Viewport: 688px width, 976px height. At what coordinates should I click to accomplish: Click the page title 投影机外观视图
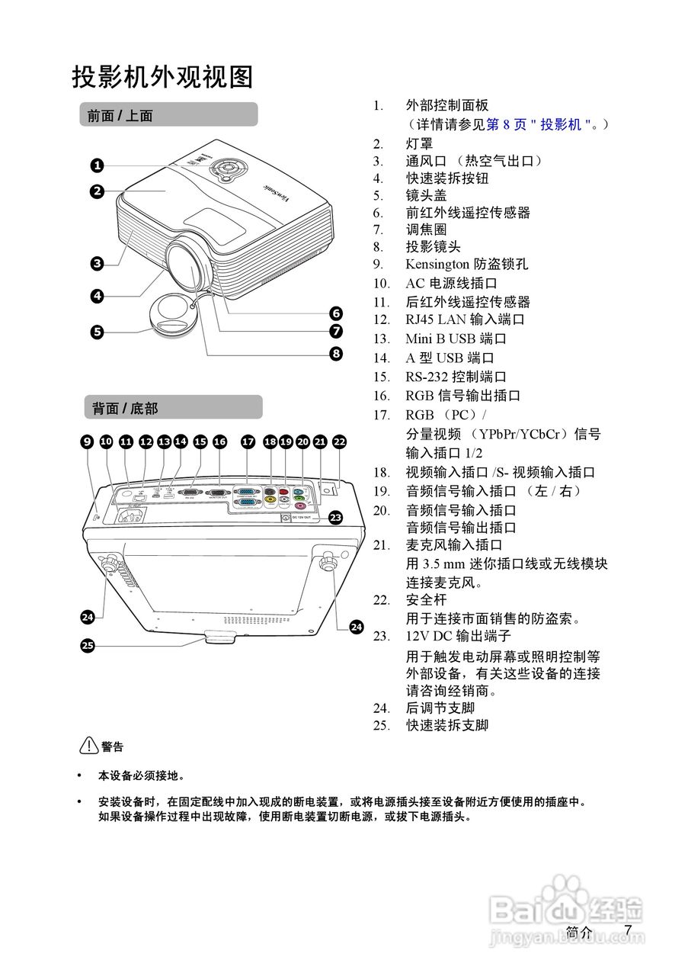[x=162, y=77]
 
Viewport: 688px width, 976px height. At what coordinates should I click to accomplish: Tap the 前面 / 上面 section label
[x=120, y=116]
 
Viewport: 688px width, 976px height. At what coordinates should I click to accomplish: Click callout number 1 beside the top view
[x=97, y=165]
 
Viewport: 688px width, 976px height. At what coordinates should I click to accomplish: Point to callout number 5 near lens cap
[x=97, y=332]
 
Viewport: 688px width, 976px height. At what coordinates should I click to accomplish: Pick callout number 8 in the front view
[x=336, y=353]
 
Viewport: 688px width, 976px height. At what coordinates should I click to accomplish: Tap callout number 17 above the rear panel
[x=248, y=441]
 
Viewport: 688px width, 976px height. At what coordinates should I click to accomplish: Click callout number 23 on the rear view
[x=336, y=517]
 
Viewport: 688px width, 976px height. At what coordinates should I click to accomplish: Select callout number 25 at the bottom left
[x=88, y=646]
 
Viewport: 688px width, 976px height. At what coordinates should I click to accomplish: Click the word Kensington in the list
[x=437, y=265]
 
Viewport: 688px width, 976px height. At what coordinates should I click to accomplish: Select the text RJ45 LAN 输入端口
[x=465, y=319]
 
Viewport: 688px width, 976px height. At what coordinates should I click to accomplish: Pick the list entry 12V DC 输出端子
[x=458, y=636]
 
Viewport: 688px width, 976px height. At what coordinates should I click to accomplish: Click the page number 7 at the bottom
[x=628, y=930]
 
